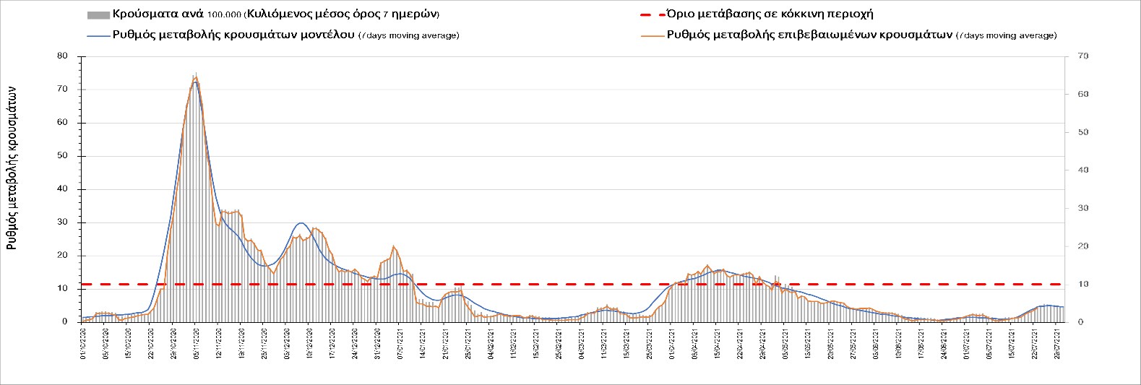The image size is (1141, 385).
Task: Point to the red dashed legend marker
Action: click(x=652, y=14)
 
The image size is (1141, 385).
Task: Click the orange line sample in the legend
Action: click(x=652, y=35)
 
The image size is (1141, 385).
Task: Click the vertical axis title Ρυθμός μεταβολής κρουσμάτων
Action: click(x=12, y=167)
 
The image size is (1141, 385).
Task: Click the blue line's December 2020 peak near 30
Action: click(x=301, y=223)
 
